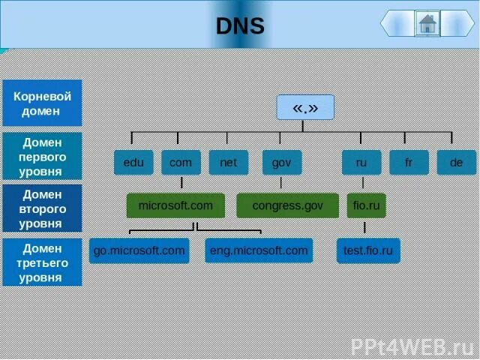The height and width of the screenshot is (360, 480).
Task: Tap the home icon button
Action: click(x=427, y=23)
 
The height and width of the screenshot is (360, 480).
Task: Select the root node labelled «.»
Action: click(x=305, y=108)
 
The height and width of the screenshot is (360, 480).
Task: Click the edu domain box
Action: click(x=133, y=162)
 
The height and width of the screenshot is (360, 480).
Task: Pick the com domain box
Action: click(x=181, y=162)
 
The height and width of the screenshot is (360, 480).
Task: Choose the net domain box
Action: click(x=228, y=162)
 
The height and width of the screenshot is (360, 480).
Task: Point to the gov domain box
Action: click(x=281, y=162)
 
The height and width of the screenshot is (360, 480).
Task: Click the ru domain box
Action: click(x=361, y=162)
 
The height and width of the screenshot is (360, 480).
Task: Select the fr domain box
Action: click(x=409, y=162)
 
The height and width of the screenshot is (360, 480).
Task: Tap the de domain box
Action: click(x=456, y=162)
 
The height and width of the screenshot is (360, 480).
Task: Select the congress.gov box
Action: click(x=287, y=205)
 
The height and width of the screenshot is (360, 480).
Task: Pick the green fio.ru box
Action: click(x=366, y=205)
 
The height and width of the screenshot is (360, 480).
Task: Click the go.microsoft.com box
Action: click(x=139, y=250)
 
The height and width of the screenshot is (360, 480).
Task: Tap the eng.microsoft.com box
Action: click(x=259, y=250)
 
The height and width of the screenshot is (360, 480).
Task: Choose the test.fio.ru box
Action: click(x=368, y=250)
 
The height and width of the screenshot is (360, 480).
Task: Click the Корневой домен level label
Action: click(x=42, y=103)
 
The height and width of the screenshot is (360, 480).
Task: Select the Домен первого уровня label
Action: click(x=42, y=155)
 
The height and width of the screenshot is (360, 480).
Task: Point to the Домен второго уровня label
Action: click(x=42, y=208)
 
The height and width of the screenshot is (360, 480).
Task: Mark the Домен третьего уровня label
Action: click(x=42, y=262)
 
